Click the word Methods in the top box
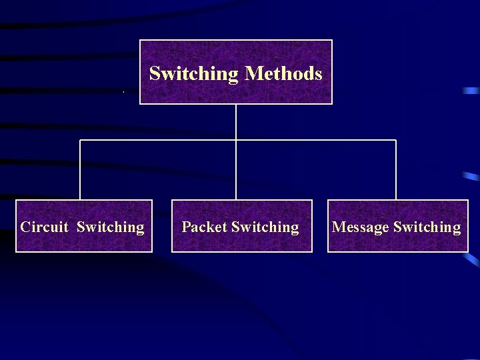point(284,73)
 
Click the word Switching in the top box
point(193,74)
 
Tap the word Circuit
point(44,227)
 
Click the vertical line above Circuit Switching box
point(80,170)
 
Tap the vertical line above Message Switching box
point(396,170)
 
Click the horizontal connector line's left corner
point(80,140)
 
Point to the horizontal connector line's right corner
point(396,140)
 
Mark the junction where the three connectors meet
point(236,140)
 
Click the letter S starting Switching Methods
point(155,73)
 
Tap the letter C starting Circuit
point(25,227)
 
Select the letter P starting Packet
point(186,227)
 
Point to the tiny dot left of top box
point(124,91)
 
